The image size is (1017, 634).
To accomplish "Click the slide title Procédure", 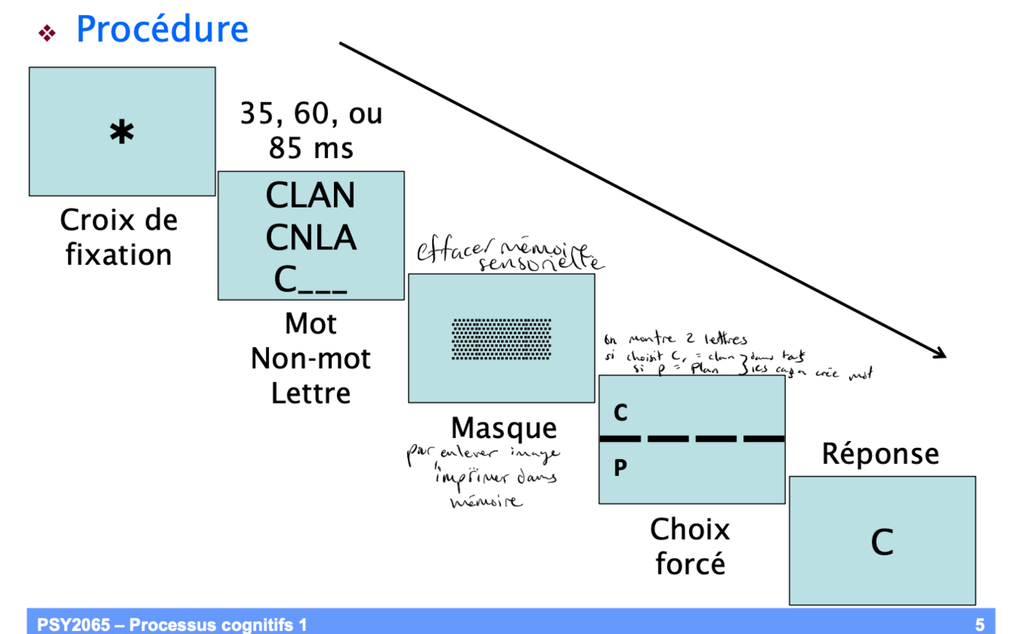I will [x=162, y=30].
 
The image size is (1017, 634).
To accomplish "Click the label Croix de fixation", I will [x=119, y=237].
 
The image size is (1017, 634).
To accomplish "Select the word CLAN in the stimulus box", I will [x=310, y=196].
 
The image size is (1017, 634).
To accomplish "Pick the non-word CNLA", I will [x=310, y=238].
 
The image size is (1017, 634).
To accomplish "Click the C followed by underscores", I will [x=310, y=280].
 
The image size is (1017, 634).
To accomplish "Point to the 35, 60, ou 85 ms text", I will [x=311, y=130].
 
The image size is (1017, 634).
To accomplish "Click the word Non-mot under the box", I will [x=310, y=358].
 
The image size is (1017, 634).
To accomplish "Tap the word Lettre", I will [x=310, y=393].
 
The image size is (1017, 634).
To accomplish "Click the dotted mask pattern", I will [x=501, y=339].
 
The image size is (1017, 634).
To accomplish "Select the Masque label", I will [x=503, y=428].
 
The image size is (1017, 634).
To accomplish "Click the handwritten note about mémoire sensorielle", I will [x=509, y=256].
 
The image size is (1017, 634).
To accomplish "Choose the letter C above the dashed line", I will [x=621, y=413].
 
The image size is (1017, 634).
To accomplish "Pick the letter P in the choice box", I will [x=620, y=468].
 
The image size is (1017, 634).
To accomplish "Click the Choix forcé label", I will [x=690, y=546].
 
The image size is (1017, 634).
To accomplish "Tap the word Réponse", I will [x=880, y=454].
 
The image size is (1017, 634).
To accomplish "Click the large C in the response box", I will [x=882, y=542].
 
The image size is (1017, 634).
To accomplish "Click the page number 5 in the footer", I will [x=980, y=626].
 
